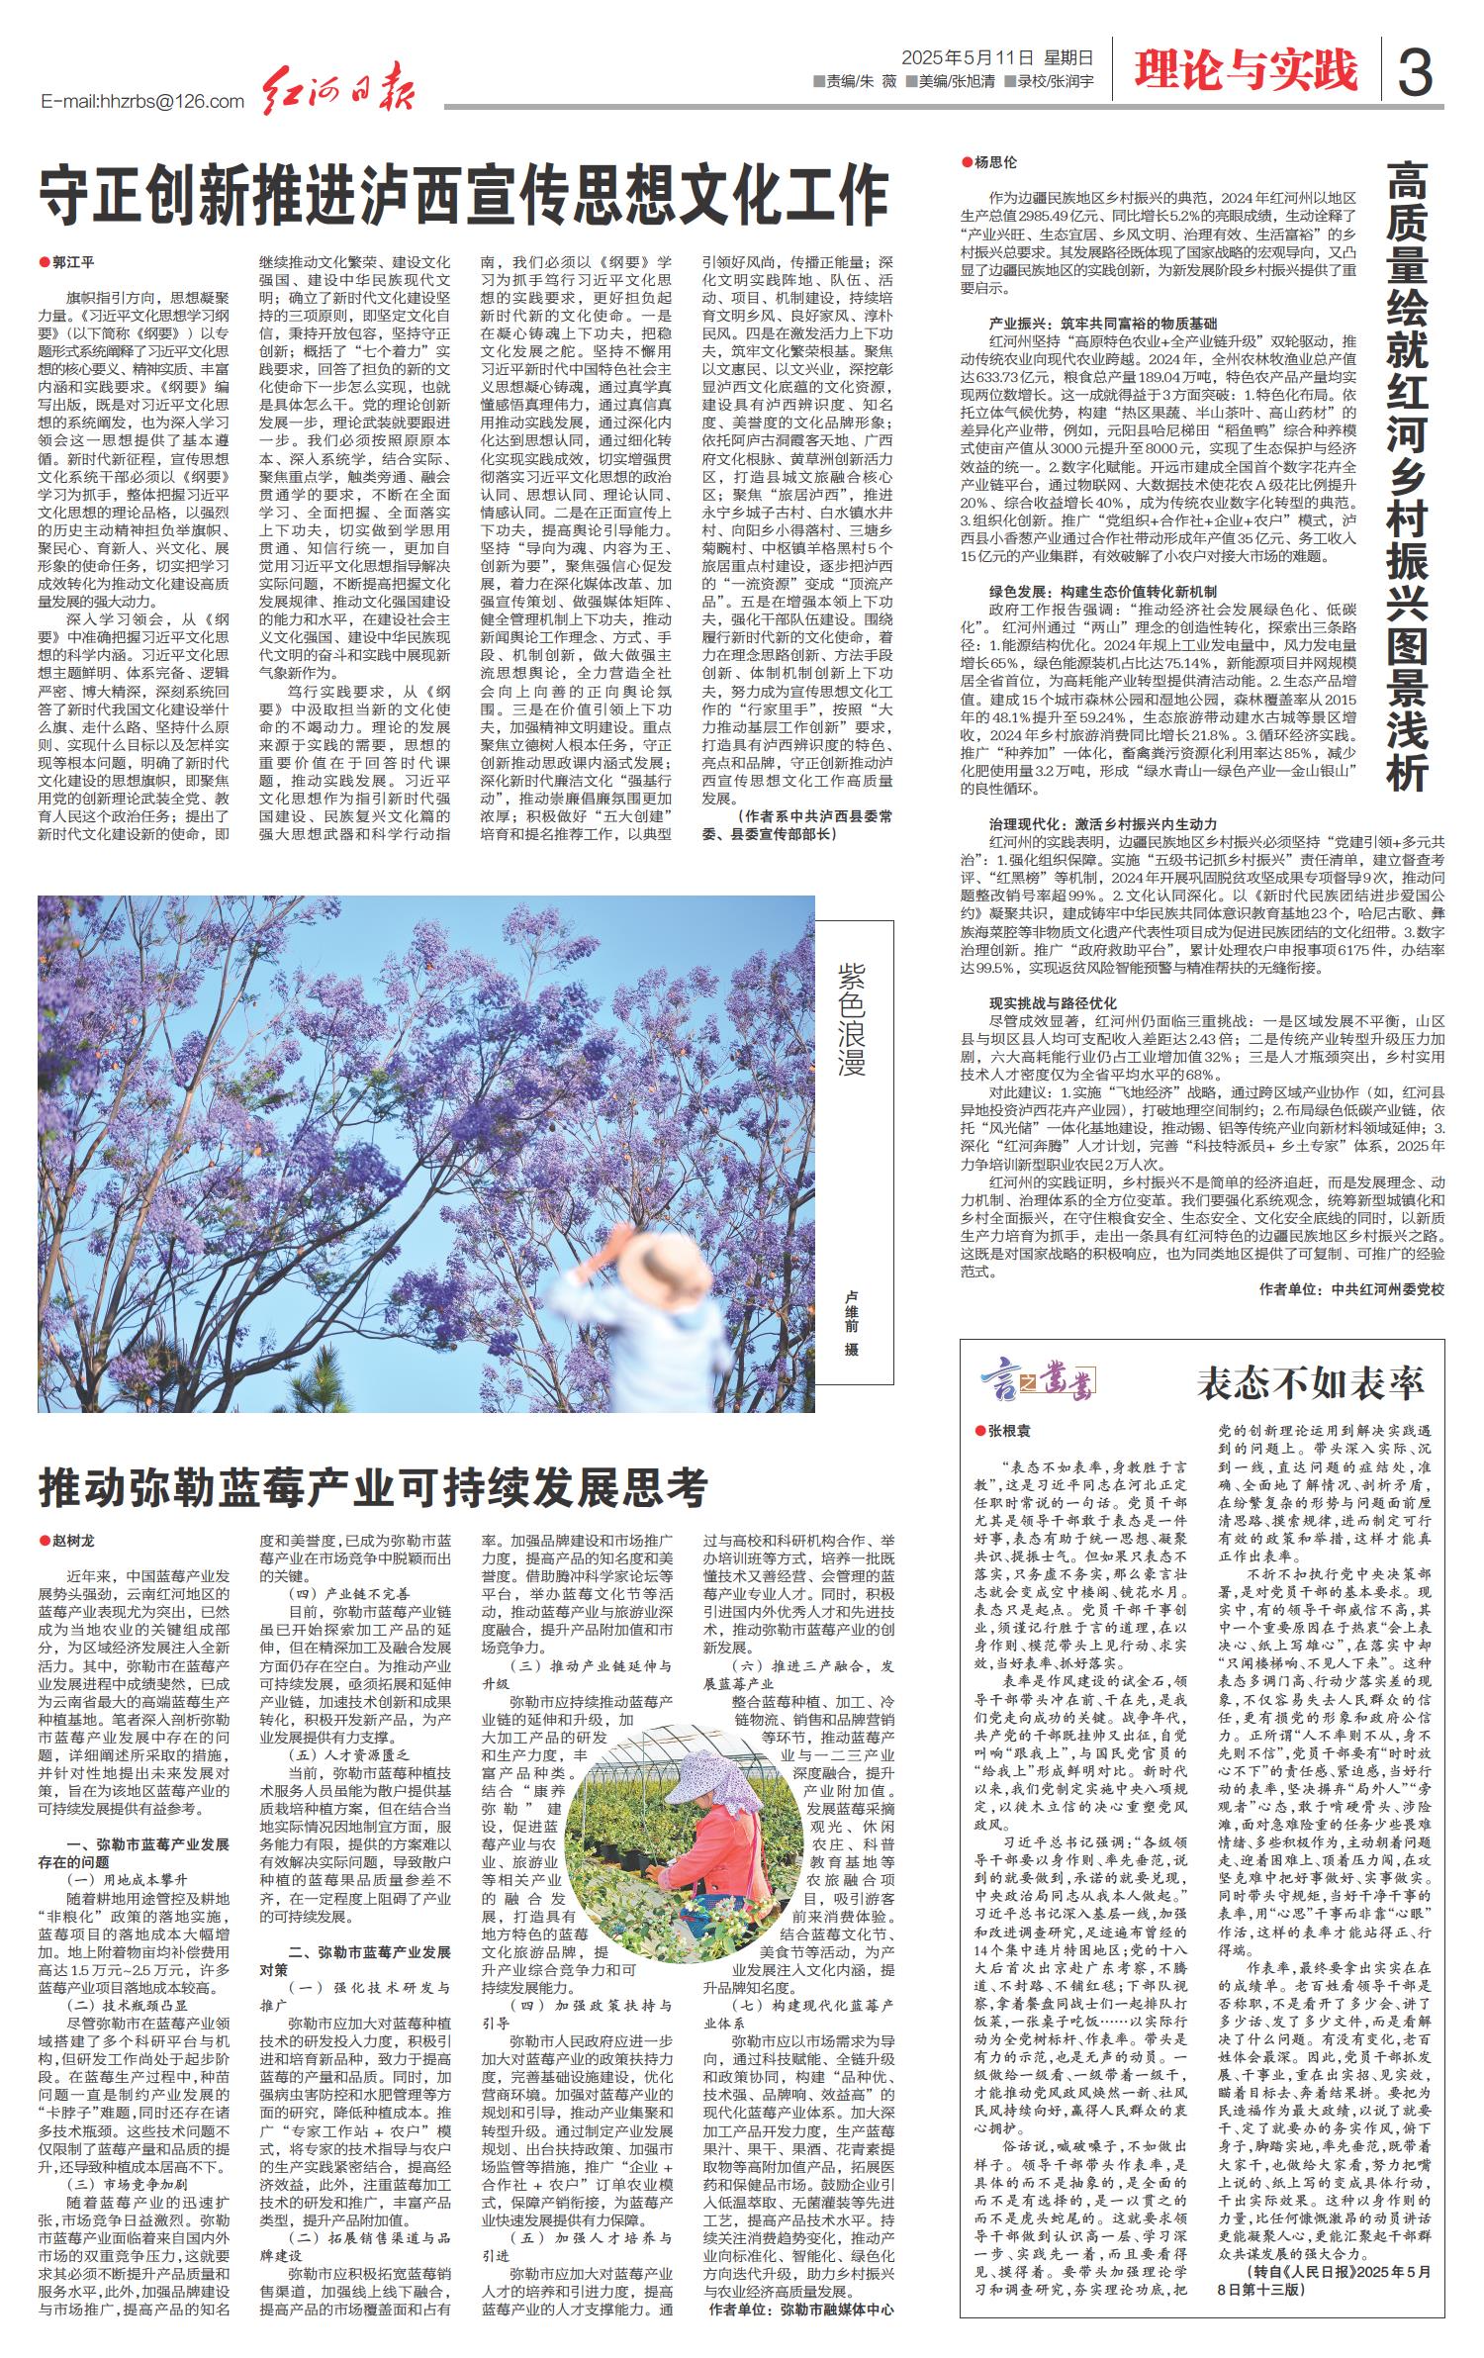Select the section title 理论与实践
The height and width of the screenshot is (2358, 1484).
1246,70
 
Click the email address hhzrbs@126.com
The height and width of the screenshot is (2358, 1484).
143,101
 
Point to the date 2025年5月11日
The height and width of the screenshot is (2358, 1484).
969,57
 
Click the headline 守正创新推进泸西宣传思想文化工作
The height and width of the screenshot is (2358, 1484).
464,197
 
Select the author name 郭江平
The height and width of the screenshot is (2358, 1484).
72,262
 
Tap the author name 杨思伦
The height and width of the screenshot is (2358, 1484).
994,161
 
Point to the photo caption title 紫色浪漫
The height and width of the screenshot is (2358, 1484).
852,1018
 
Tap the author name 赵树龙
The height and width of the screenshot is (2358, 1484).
72,1541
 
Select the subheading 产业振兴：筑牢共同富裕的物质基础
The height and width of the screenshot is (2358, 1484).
1103,324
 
